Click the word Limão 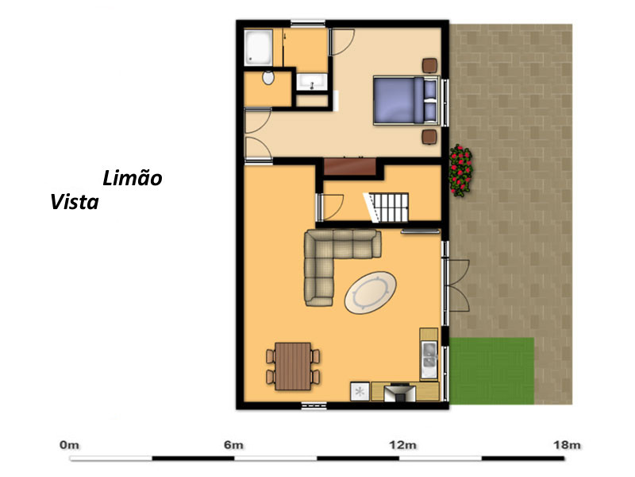(133, 178)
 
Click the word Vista (75, 202)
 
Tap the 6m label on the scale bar (233, 445)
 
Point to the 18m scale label (567, 445)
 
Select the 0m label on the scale (69, 445)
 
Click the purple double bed (406, 100)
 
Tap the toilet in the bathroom (268, 77)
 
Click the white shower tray (259, 48)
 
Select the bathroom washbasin (312, 82)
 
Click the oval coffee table (370, 293)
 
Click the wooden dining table (293, 366)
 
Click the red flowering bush (461, 170)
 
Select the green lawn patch (491, 371)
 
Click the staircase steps (388, 207)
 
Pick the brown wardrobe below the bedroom (350, 166)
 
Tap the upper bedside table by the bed (429, 65)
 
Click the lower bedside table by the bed (429, 137)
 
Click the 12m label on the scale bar (403, 445)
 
